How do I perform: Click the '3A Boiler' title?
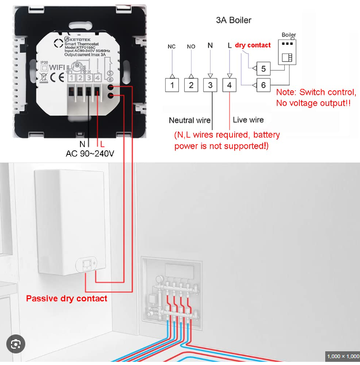234,21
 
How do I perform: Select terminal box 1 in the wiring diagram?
172,84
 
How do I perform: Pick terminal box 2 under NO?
192,84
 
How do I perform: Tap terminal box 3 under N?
211,84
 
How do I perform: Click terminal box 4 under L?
229,84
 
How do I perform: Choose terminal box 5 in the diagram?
263,68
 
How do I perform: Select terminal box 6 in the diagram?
263,85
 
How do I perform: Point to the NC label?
172,46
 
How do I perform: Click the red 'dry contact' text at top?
253,45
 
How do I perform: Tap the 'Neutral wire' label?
189,121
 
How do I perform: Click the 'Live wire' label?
248,120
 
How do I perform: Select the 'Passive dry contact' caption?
67,299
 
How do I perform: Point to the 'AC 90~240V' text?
89,153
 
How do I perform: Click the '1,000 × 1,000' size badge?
343,357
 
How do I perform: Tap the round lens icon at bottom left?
15,344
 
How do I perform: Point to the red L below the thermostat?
102,144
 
